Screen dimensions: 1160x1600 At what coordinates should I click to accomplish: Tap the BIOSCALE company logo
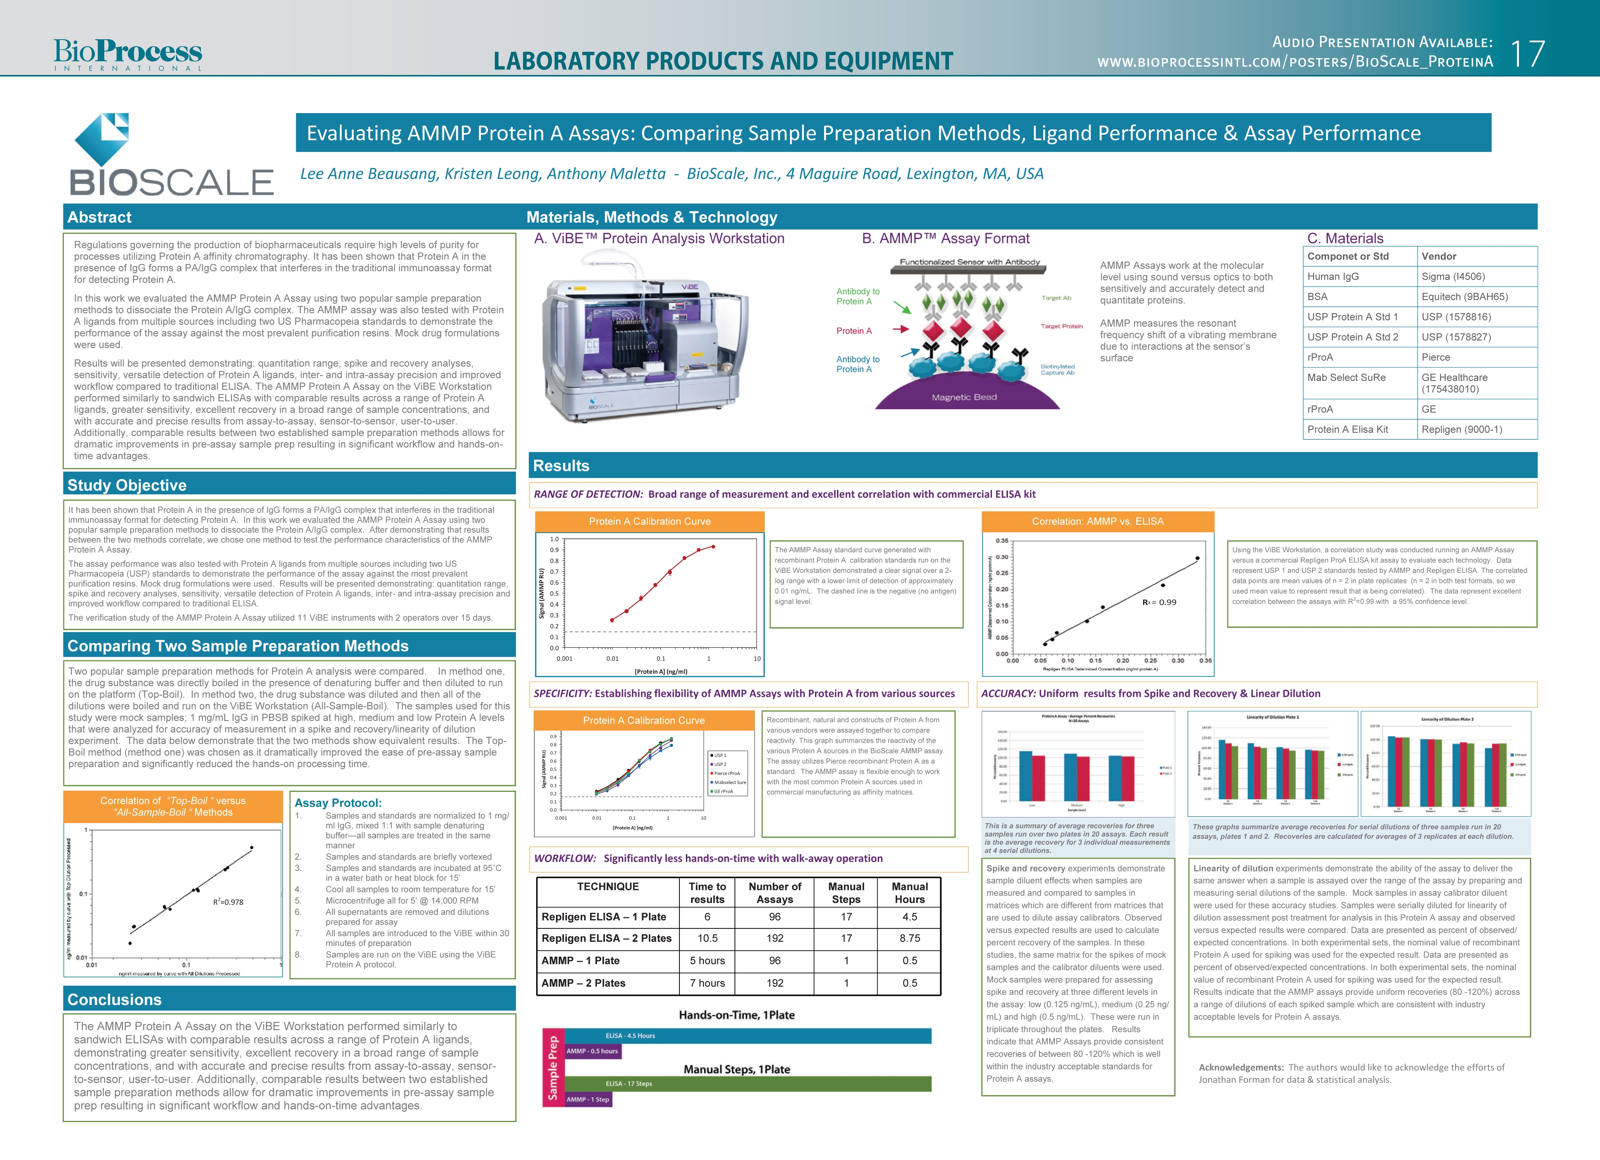(x=171, y=155)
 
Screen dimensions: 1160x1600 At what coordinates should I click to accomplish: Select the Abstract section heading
(x=100, y=217)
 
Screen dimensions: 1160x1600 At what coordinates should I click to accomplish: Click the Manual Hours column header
(x=910, y=893)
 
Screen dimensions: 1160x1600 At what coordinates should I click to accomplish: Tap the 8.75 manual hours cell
(x=910, y=939)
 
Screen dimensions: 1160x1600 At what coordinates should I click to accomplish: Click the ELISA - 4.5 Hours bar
(x=748, y=1036)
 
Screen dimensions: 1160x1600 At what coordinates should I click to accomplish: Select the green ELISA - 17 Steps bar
(x=748, y=1084)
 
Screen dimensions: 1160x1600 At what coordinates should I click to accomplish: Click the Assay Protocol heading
(x=338, y=803)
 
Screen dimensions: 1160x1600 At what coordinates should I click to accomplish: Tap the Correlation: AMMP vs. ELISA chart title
(x=1097, y=522)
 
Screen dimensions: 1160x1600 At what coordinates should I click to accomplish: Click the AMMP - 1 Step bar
(x=588, y=1099)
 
